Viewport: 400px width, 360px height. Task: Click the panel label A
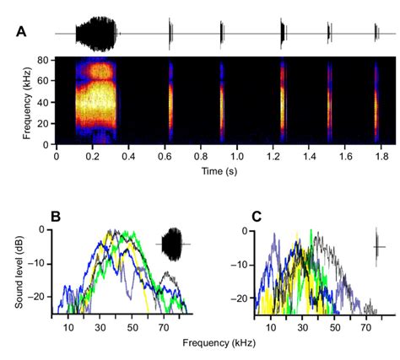[22, 32]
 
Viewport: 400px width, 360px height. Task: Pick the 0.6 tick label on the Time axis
[165, 155]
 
